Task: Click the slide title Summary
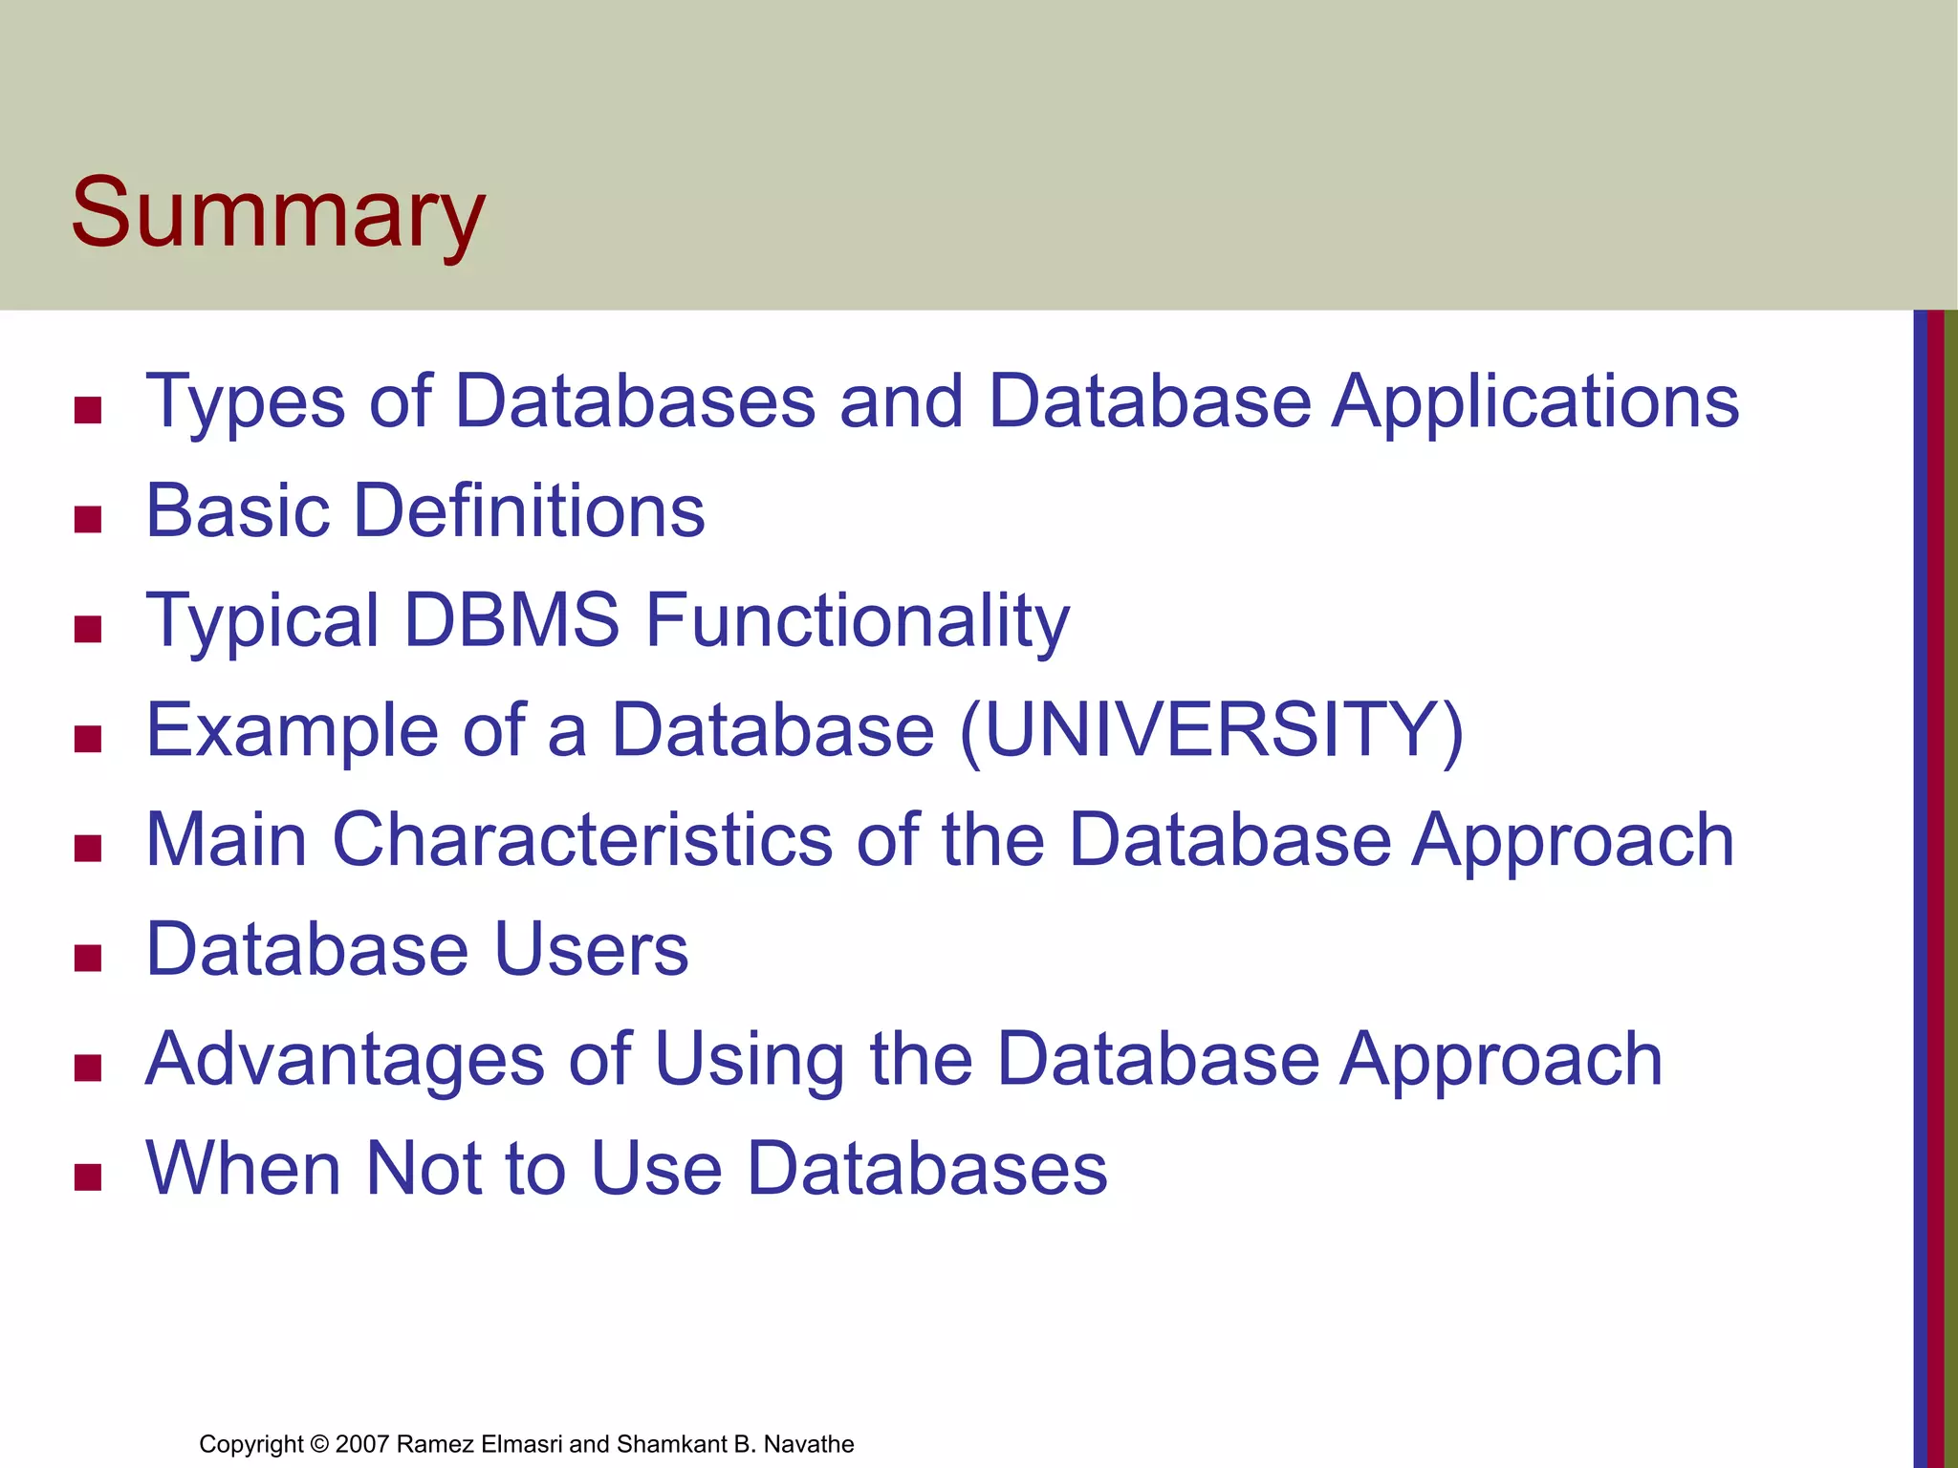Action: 277,214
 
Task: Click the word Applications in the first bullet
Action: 1535,401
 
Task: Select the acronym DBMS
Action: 511,620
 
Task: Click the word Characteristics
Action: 582,839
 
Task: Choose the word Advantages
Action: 345,1059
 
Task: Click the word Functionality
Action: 857,622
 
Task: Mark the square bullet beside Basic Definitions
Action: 88,520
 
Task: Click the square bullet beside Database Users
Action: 88,958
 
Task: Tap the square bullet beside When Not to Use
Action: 88,1177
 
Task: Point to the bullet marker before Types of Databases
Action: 88,410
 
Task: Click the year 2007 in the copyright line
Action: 361,1444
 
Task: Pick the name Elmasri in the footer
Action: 522,1444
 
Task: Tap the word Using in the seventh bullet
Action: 751,1061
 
